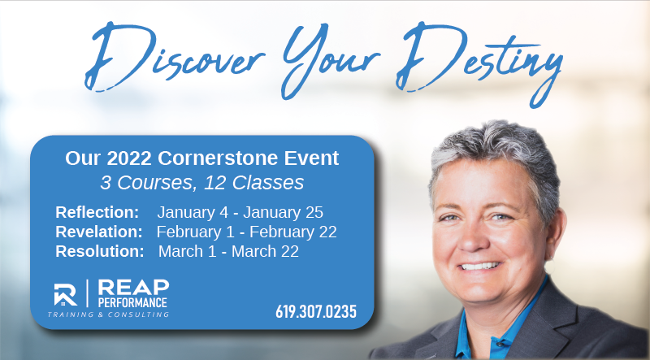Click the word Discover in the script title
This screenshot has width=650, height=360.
click(x=174, y=56)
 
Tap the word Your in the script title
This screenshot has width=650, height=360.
click(x=330, y=60)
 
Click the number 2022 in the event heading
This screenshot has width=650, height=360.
click(x=129, y=158)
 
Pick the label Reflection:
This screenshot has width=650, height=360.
click(x=97, y=212)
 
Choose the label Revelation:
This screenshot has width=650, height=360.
click(x=99, y=232)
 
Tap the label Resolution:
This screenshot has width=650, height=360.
click(x=100, y=251)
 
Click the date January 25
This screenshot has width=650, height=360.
click(x=283, y=212)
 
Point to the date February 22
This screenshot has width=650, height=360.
click(x=293, y=232)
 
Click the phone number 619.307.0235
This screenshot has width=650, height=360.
click(x=316, y=311)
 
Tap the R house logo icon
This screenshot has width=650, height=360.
click(x=66, y=294)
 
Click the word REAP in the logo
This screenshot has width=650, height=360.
click(x=133, y=287)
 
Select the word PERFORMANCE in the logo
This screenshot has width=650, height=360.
click(x=132, y=302)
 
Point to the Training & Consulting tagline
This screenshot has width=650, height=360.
click(x=108, y=314)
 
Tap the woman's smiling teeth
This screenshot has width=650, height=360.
click(x=481, y=266)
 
